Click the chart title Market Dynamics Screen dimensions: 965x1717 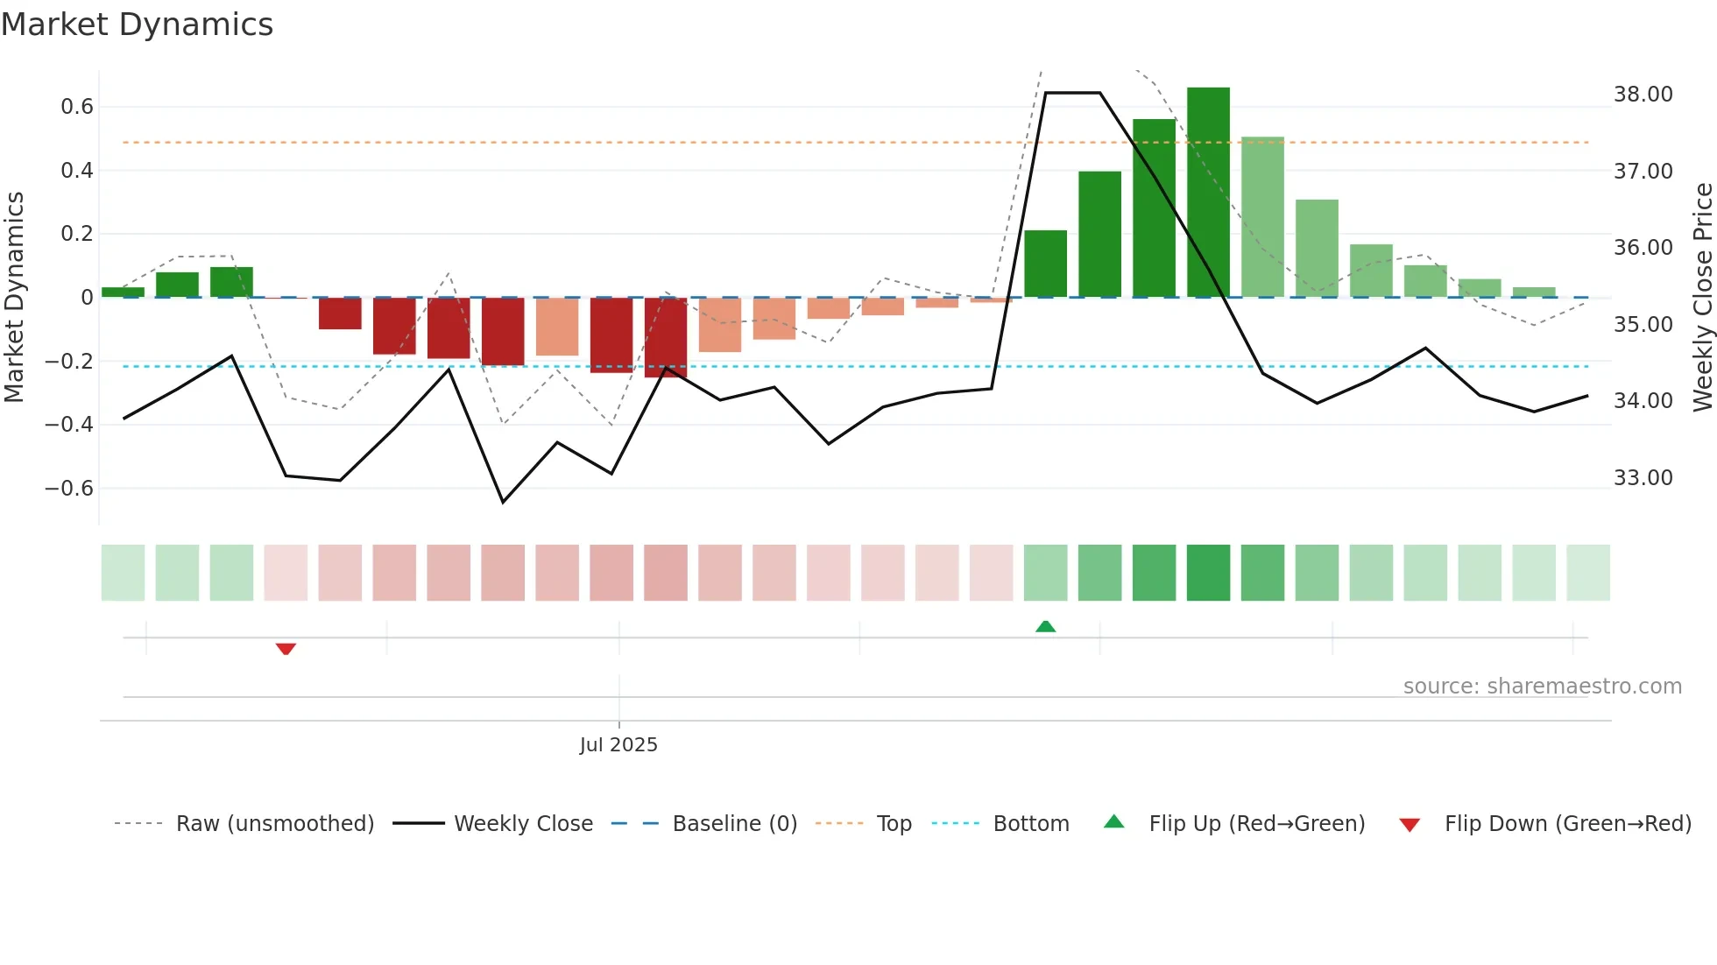coord(137,25)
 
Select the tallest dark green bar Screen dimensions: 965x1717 coord(1208,193)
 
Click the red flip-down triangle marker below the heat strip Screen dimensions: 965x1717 coord(286,649)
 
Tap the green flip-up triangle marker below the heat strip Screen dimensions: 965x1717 coord(1045,626)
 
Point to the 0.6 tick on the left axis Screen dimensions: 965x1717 coord(77,107)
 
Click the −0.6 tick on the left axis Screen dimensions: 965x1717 coord(69,489)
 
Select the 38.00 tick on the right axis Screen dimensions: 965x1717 coord(1643,95)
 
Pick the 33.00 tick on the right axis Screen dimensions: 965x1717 coord(1643,478)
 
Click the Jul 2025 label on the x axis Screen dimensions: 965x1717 coord(618,745)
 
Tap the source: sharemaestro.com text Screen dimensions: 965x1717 coord(1542,687)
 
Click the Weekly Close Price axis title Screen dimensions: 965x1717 coord(1702,298)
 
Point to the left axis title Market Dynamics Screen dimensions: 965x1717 coord(14,298)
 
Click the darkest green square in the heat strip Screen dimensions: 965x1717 coord(1208,573)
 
